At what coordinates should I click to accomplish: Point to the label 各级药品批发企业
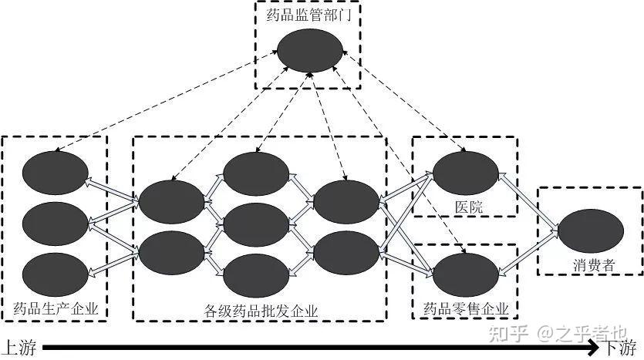(261, 311)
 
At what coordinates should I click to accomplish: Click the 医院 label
(464, 207)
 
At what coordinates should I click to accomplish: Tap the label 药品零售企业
(466, 309)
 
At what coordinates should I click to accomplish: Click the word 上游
(19, 348)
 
